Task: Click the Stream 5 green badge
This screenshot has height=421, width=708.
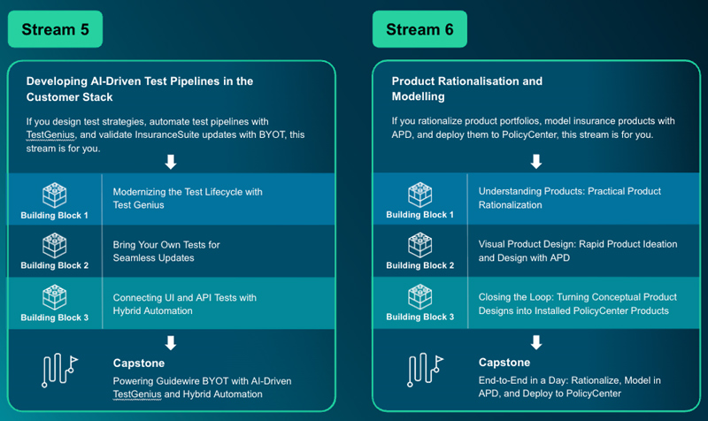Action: point(56,29)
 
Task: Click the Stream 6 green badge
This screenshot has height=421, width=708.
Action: point(419,29)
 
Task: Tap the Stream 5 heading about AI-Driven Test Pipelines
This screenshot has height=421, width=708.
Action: point(140,88)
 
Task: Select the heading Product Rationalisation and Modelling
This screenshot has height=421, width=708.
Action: point(466,88)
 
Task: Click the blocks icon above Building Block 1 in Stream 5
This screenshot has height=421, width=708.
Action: point(55,194)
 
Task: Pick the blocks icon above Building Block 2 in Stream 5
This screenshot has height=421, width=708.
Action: point(55,245)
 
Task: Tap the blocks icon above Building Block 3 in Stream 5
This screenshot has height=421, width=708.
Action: point(55,296)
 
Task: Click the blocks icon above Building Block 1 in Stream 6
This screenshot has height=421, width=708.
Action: point(419,194)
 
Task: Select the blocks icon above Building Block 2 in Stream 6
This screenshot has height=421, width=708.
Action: point(419,245)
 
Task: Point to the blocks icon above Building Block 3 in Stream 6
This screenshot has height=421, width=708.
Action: point(419,296)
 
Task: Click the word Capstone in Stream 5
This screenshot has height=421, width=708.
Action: point(140,363)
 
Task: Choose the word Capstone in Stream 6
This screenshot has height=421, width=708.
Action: point(504,363)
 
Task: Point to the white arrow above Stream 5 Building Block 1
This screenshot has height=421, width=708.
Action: point(172,162)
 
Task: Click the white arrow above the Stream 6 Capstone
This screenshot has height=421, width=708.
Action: point(535,341)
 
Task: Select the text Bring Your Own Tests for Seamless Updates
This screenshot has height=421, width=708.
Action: point(166,250)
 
